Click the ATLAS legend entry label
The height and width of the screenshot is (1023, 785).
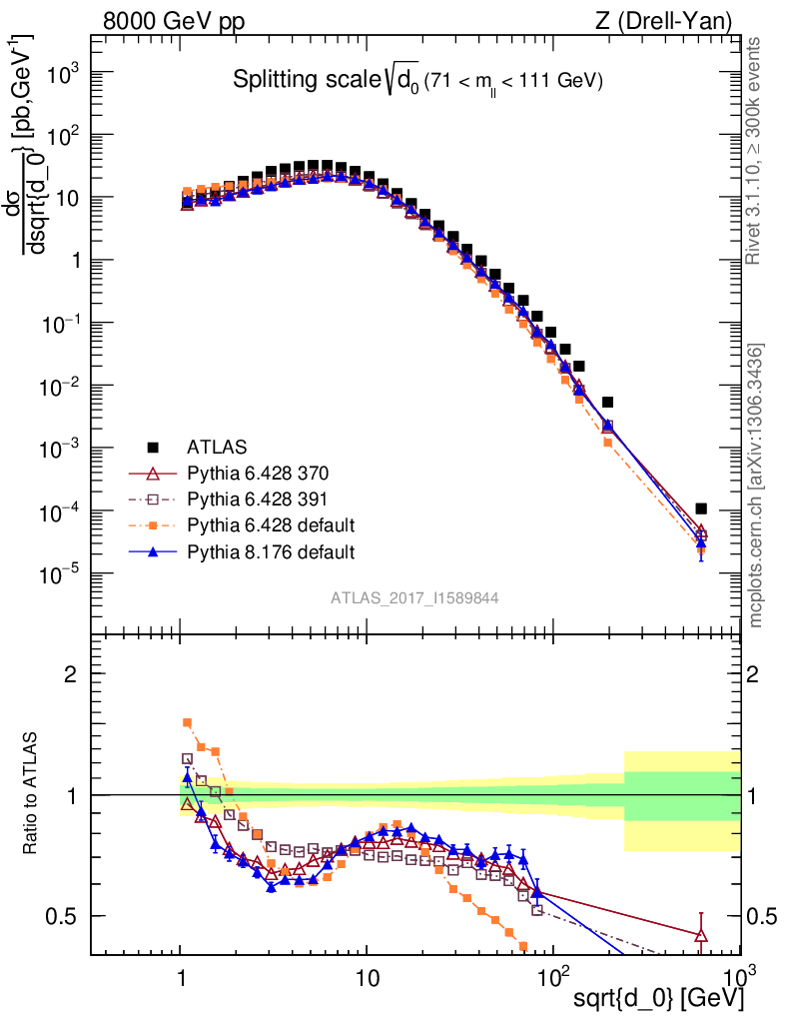[x=217, y=446]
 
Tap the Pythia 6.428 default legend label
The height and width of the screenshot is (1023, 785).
[x=272, y=524]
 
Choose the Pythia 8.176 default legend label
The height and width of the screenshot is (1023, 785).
[x=272, y=550]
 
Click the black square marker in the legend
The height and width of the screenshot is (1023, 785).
[x=153, y=446]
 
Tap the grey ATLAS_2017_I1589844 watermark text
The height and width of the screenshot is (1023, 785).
[x=414, y=597]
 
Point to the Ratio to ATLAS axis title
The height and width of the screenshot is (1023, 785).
[x=31, y=795]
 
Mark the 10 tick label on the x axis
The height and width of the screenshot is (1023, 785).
[x=367, y=974]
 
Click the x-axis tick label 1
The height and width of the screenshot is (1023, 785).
[x=181, y=974]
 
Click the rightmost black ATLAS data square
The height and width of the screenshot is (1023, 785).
[x=701, y=509]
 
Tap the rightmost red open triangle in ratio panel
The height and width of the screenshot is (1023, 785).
[x=701, y=935]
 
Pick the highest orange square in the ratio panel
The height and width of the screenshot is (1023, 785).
[x=187, y=722]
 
